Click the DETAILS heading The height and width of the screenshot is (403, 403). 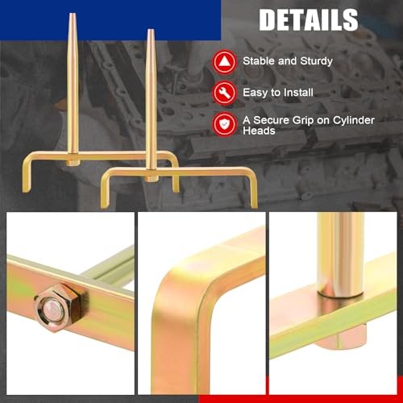point(309,19)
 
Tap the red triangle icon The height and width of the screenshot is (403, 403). point(225,62)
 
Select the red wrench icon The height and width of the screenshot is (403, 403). point(225,93)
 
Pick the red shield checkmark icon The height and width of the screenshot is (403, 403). point(225,124)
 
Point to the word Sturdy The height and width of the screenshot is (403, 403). point(317,61)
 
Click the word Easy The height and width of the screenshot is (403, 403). point(256,93)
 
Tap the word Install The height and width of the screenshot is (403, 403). point(298,93)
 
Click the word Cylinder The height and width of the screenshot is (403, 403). point(354,121)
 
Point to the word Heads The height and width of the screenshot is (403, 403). point(259,131)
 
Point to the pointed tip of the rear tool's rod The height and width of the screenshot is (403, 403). point(72,14)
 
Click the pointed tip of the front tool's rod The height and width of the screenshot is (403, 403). point(151,30)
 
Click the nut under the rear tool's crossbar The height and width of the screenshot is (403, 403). point(73,163)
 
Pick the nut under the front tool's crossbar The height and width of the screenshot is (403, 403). point(151,179)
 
